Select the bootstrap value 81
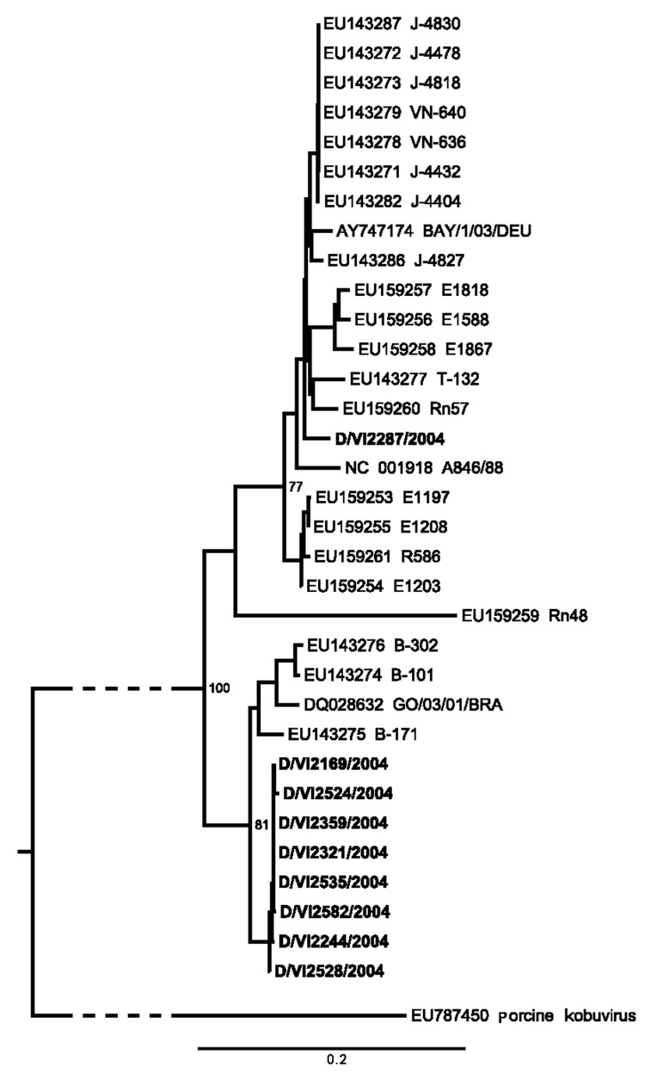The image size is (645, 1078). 263,824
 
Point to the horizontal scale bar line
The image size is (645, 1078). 332,1048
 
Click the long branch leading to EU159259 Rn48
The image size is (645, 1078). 344,616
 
